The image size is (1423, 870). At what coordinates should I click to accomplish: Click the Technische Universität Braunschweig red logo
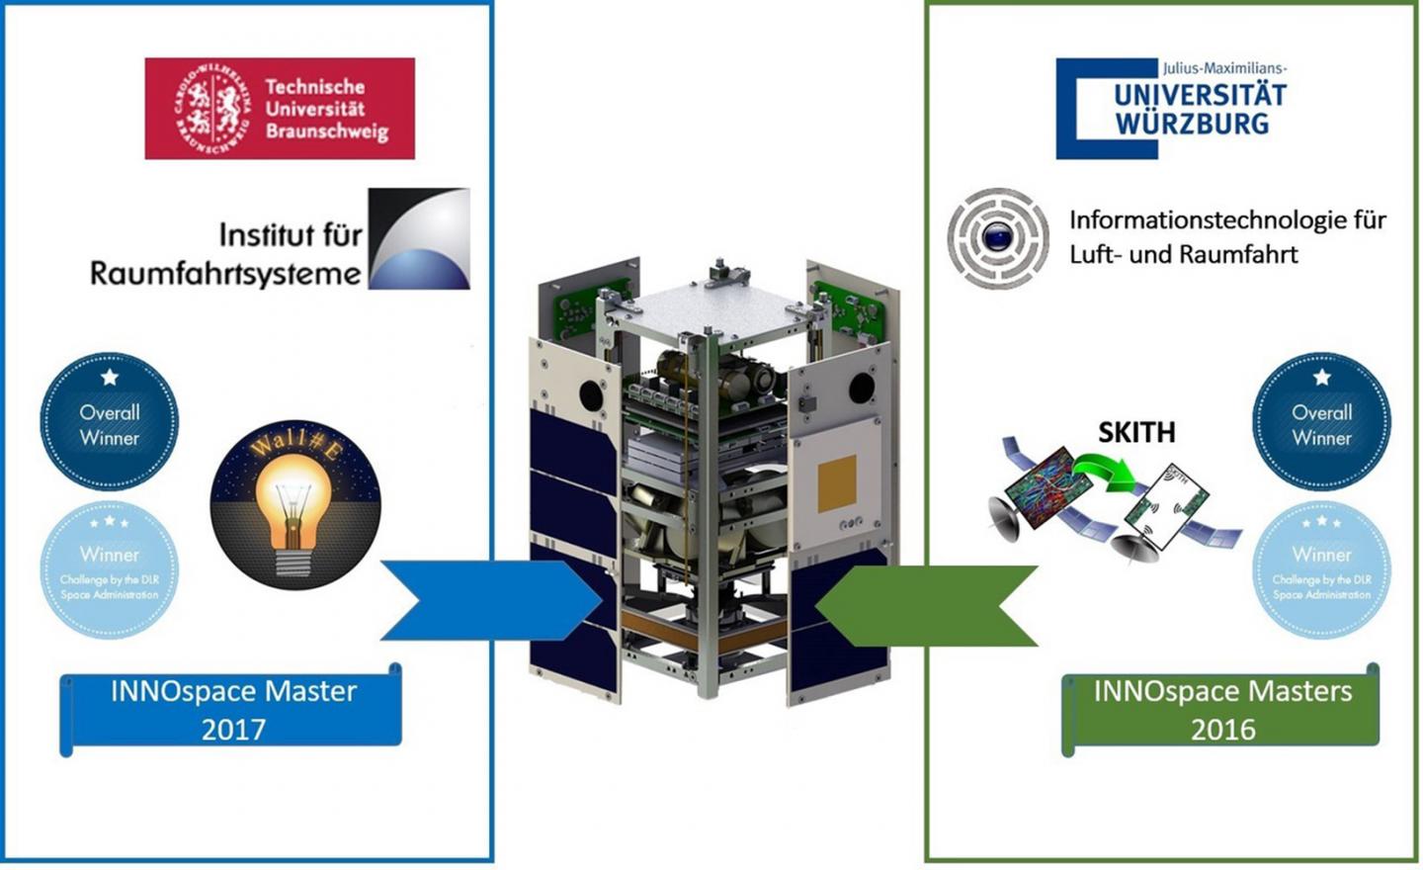(x=280, y=109)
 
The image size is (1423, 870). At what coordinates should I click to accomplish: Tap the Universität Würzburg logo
(x=1172, y=109)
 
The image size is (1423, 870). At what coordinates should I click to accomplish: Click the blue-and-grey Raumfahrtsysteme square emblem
(x=419, y=238)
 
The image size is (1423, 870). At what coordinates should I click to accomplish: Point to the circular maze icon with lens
(x=998, y=238)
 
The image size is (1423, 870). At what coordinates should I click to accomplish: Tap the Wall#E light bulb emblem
(x=295, y=503)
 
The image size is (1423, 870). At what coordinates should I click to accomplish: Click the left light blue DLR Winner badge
(x=110, y=570)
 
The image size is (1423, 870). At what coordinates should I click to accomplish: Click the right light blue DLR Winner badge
(x=1321, y=570)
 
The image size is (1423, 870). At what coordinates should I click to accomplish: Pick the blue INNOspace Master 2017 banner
(x=232, y=710)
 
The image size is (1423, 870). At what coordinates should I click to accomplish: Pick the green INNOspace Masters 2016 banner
(x=1221, y=710)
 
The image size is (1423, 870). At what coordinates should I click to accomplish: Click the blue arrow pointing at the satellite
(x=489, y=600)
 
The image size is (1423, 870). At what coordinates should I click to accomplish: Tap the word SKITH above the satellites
(x=1136, y=432)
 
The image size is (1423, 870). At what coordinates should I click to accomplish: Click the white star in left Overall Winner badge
(x=110, y=377)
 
